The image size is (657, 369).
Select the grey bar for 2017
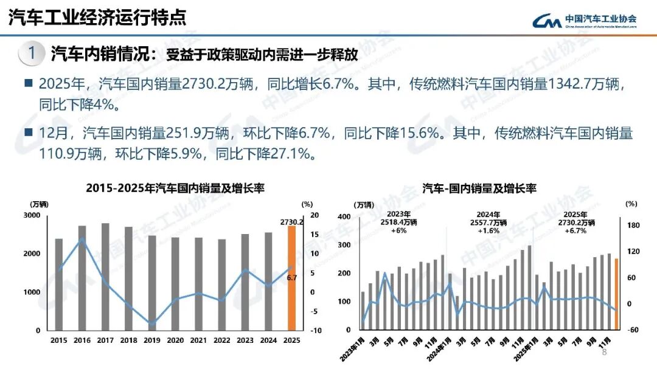(105, 277)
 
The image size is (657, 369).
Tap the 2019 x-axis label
(152, 340)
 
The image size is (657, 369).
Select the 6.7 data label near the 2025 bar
(291, 278)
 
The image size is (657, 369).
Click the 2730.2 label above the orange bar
(292, 221)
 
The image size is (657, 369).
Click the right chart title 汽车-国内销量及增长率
(479, 188)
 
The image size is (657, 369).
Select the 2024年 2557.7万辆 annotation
(492, 222)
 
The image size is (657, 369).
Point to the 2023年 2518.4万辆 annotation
(399, 222)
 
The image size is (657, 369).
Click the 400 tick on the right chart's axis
(344, 217)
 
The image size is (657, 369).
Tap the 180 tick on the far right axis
(633, 226)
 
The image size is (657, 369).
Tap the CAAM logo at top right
(584, 20)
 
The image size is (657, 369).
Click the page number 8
(604, 353)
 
